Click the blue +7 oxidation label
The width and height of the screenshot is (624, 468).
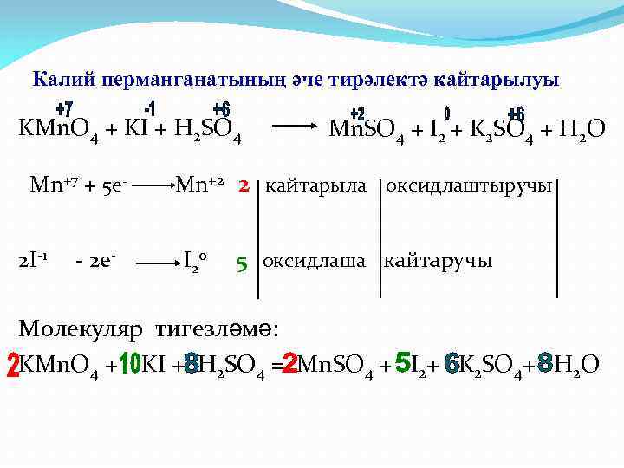tap(64, 110)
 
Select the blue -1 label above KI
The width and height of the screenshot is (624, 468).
tap(149, 107)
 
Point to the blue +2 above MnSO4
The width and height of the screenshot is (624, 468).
tap(357, 114)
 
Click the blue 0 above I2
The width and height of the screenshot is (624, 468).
tap(447, 114)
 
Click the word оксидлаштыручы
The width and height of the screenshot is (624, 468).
tap(469, 185)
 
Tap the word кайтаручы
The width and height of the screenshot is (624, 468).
tap(438, 260)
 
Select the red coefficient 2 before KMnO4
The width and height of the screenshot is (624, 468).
tap(10, 364)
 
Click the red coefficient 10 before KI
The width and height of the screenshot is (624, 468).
tap(129, 366)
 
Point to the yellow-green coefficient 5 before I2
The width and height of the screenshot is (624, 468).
tap(402, 364)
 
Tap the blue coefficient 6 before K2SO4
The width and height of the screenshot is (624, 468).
tap(451, 366)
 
